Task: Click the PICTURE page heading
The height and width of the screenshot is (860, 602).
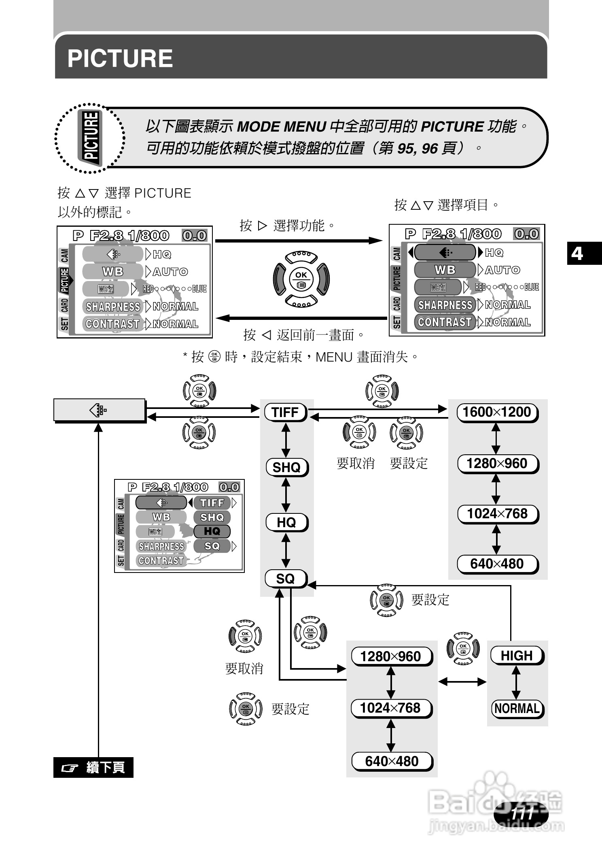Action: click(x=120, y=58)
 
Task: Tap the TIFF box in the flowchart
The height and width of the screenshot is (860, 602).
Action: click(x=286, y=412)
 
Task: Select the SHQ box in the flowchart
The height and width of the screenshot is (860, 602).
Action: click(x=287, y=467)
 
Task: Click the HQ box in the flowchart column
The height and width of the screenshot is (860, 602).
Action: click(x=286, y=522)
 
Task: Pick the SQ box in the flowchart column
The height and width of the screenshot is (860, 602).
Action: click(x=286, y=579)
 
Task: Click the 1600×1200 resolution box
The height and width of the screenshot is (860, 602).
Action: click(x=497, y=412)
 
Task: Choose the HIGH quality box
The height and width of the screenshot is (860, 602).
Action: click(x=517, y=656)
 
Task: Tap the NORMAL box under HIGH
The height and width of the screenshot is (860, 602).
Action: click(x=517, y=709)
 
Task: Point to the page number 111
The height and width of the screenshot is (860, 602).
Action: click(x=522, y=813)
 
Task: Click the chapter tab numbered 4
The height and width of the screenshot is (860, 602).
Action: click(x=577, y=253)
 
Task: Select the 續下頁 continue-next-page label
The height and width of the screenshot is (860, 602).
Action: click(x=93, y=767)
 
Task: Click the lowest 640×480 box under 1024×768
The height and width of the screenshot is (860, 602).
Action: click(x=392, y=761)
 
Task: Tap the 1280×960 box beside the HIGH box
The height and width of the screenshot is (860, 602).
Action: click(x=391, y=656)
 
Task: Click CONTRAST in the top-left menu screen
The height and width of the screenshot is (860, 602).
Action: click(x=113, y=324)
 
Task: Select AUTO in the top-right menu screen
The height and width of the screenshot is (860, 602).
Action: click(x=502, y=270)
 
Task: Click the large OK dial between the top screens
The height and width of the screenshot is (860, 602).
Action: click(x=301, y=279)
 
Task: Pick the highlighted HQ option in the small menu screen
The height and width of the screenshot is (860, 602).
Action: click(x=212, y=531)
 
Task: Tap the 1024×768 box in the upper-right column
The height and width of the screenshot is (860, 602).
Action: click(x=497, y=514)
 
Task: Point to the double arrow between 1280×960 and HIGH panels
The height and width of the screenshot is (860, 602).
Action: click(x=462, y=682)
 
